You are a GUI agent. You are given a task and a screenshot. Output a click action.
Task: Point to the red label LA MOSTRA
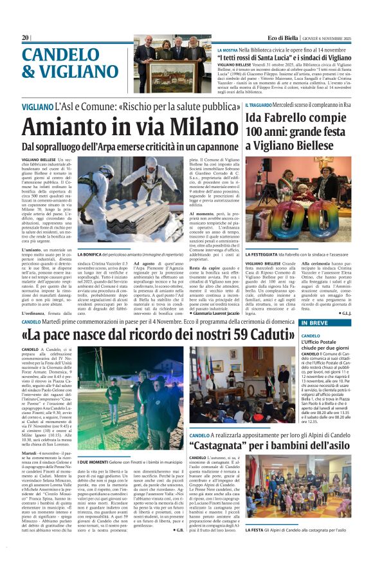pos(228,50)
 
